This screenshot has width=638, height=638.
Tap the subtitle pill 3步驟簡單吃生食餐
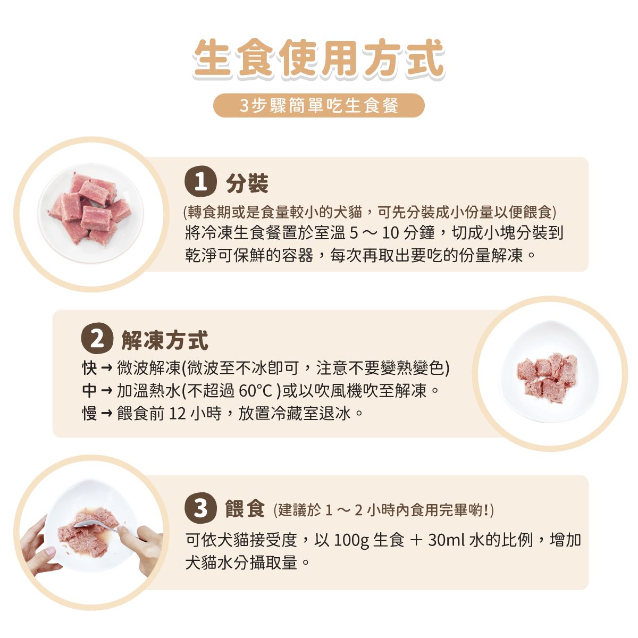[318, 106]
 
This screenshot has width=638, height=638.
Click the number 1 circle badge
[201, 182]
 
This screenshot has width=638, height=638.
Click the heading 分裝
[247, 183]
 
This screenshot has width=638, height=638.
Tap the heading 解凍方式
[164, 340]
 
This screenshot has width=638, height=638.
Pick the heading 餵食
[245, 508]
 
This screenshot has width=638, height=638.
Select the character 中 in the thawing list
[90, 391]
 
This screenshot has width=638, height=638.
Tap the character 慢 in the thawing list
[90, 413]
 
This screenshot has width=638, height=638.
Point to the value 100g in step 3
[351, 541]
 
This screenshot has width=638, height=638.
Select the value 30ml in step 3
[447, 540]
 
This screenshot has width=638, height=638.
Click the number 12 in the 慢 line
[178, 414]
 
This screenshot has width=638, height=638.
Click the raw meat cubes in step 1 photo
[90, 209]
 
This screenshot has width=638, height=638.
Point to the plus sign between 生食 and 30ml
[416, 541]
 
